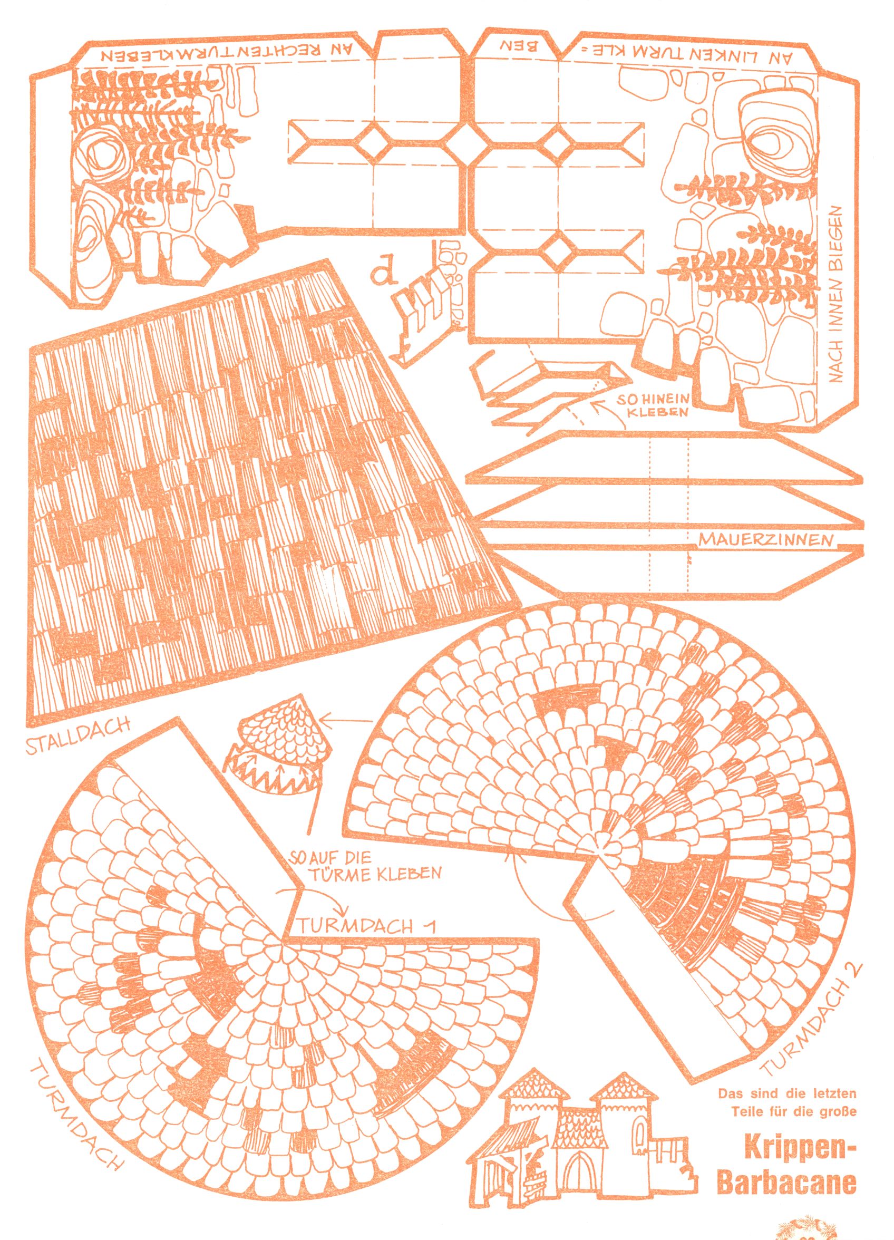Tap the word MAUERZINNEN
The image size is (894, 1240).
point(766,540)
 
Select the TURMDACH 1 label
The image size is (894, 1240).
point(367,925)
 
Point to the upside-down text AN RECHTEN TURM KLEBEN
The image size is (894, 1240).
point(226,56)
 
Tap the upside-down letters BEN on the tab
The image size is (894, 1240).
point(520,45)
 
